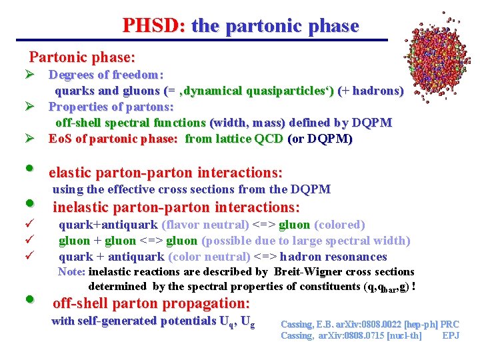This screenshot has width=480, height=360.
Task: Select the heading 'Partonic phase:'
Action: tap(81, 58)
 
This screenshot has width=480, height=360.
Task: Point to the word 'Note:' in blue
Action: tap(71, 272)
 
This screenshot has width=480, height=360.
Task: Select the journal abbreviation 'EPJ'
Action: tap(451, 335)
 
